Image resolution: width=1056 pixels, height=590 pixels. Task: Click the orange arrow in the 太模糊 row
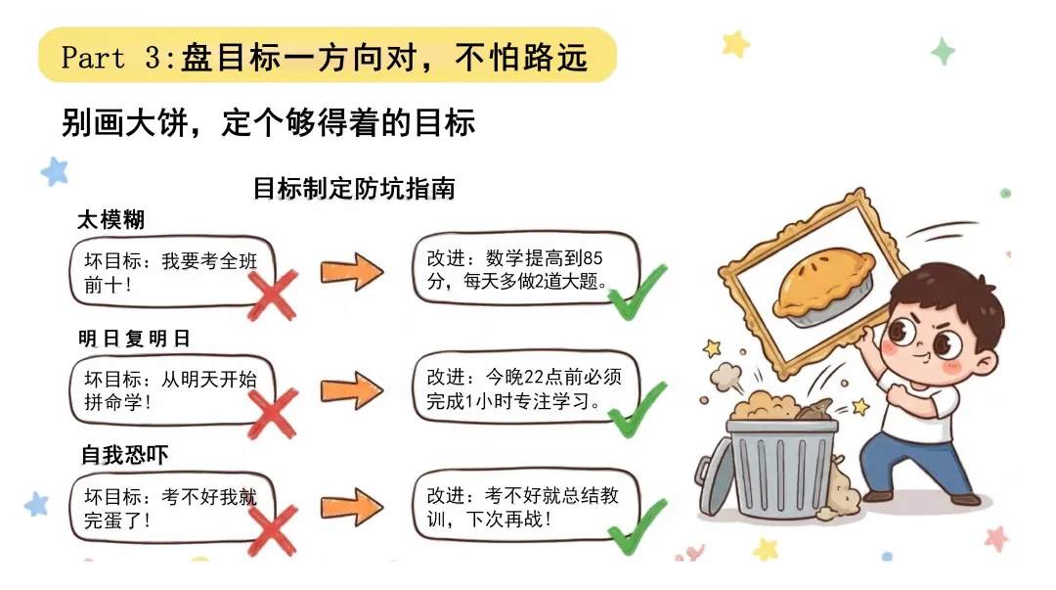[352, 271]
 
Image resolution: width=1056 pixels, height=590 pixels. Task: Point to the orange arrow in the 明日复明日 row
[352, 390]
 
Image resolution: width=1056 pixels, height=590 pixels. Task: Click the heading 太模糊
[111, 220]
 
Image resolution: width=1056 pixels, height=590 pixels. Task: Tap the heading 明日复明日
[134, 339]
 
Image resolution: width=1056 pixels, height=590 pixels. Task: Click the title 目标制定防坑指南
[354, 188]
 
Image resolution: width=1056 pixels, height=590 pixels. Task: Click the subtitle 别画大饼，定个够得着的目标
[268, 124]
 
